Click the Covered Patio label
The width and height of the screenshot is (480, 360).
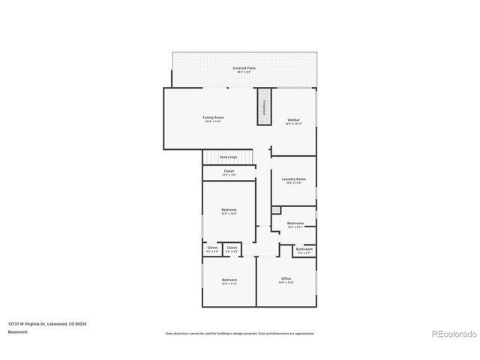click(244, 68)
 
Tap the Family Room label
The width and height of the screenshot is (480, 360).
click(214, 118)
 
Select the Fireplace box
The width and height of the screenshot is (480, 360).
click(264, 106)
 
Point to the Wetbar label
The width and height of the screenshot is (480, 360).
click(293, 120)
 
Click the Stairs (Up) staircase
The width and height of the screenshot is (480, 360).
click(228, 157)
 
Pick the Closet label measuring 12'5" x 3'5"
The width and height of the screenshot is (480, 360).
click(229, 172)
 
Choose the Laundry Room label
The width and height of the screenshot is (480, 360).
click(293, 179)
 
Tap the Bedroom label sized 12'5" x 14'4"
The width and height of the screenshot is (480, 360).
click(229, 209)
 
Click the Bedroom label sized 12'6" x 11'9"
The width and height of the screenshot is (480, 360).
click(229, 280)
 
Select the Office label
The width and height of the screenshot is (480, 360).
click(286, 279)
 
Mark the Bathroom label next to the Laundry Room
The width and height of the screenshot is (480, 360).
click(295, 223)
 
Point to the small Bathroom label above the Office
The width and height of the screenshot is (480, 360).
click(304, 249)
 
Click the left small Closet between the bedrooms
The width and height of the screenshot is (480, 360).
click(212, 247)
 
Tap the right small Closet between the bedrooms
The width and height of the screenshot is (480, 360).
click(232, 247)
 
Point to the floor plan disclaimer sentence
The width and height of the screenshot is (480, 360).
click(239, 333)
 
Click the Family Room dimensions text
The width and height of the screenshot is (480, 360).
click(214, 121)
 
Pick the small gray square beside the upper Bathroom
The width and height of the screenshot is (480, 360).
click(275, 210)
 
